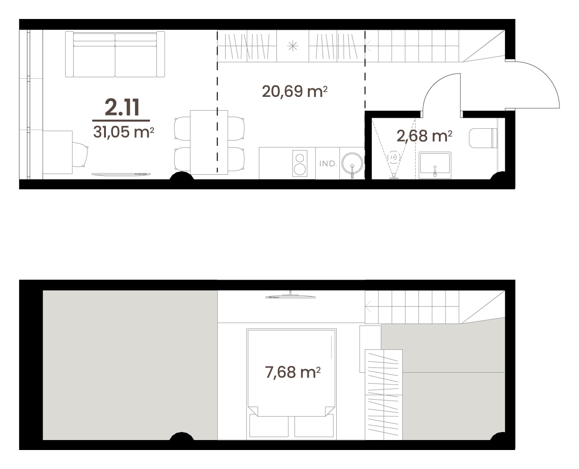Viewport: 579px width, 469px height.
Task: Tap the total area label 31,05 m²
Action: pos(123,132)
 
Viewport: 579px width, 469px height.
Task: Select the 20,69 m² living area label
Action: pos(294,91)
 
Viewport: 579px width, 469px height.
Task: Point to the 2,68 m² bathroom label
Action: pos(424,136)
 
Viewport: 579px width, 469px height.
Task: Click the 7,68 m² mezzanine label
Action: pos(293,372)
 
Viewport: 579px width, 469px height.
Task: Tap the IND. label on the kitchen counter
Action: pos(328,163)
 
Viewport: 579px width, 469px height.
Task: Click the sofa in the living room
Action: pos(115,54)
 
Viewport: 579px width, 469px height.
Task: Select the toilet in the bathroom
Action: pos(483,138)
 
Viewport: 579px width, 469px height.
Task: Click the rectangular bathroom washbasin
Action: pos(435,165)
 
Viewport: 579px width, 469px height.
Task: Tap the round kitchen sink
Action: pos(352,163)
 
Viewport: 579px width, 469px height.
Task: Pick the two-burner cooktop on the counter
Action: pos(300,163)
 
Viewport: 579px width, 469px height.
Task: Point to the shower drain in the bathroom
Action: pos(393,157)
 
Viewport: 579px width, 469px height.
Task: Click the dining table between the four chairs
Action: pos(209,142)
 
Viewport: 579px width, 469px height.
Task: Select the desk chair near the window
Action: pos(80,155)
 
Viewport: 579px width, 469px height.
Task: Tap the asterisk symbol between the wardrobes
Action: pos(293,46)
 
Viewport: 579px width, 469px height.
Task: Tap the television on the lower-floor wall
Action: pos(121,174)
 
